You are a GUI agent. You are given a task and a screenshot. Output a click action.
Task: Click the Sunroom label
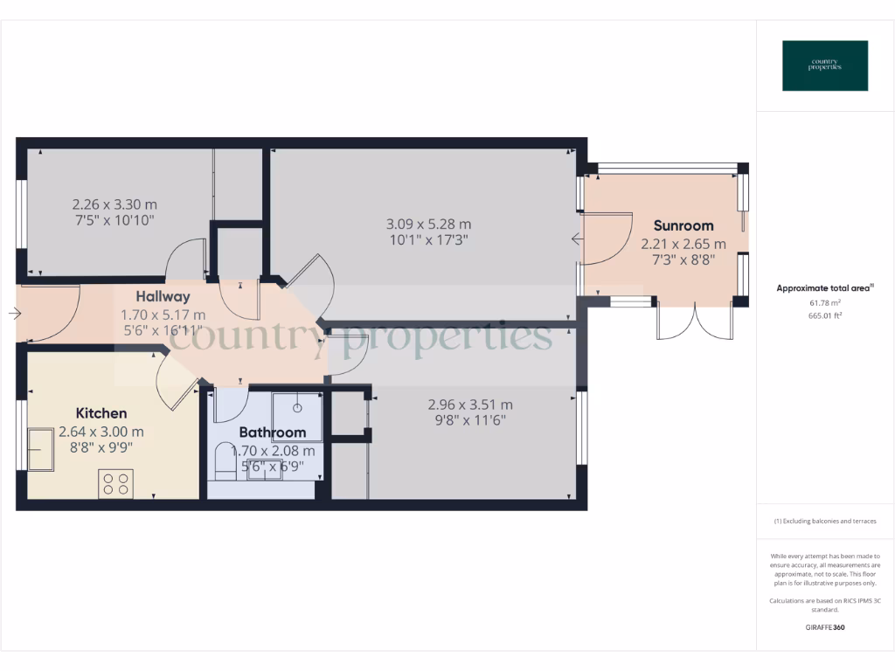683,225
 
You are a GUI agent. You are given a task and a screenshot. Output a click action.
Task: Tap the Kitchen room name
101,413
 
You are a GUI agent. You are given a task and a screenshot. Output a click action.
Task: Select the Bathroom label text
273,432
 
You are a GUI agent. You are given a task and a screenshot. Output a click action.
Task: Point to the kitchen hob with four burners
115,483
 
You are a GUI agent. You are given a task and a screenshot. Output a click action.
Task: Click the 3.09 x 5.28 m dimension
428,225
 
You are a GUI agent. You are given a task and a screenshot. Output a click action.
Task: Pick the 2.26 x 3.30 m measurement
114,204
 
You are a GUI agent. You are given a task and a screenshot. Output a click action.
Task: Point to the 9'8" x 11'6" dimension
470,420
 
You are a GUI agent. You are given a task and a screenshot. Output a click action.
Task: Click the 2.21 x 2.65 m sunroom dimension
683,244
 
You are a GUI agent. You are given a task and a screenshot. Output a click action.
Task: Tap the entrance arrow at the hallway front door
16,314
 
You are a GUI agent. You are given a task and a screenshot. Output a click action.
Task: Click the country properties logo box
825,66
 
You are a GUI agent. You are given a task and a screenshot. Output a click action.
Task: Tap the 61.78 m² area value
825,302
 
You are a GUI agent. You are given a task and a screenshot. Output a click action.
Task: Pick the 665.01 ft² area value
825,315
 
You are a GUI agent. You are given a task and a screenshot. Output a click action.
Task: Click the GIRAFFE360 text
825,627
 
